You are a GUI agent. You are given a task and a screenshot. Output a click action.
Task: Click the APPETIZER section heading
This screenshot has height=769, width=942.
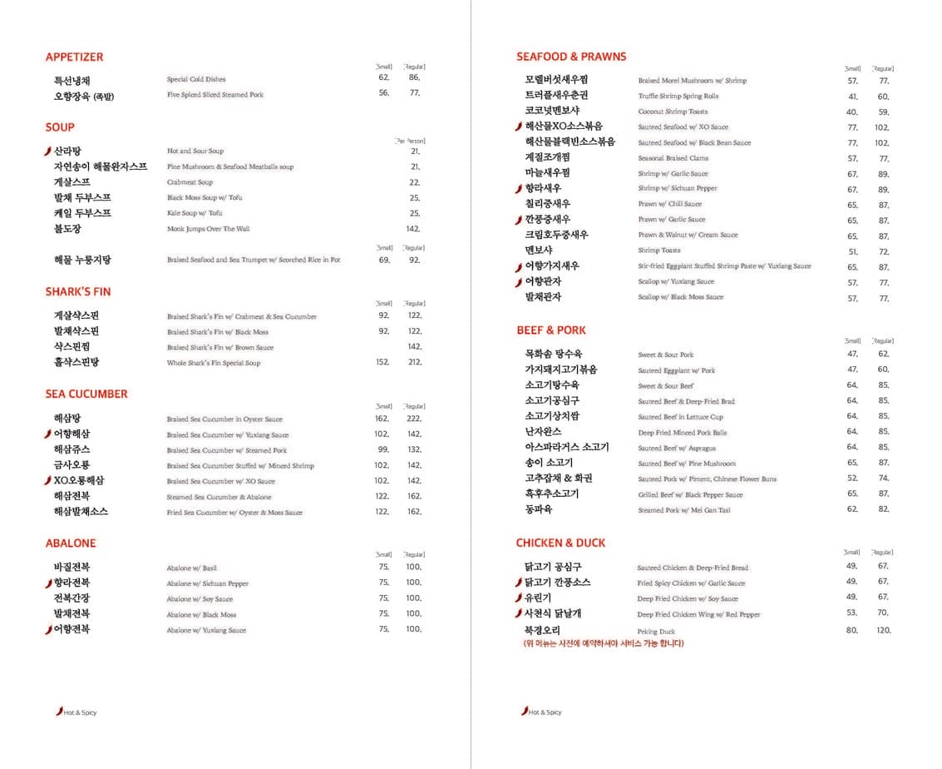pyautogui.click(x=74, y=57)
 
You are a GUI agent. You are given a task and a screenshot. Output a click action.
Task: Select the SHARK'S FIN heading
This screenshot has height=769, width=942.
pyautogui.click(x=77, y=291)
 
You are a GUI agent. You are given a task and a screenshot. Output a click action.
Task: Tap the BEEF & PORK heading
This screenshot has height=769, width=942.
pyautogui.click(x=550, y=330)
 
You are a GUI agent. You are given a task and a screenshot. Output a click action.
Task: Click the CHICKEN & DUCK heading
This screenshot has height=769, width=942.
pyautogui.click(x=560, y=543)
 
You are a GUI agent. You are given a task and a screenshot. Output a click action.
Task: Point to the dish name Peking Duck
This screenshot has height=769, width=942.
pyautogui.click(x=656, y=632)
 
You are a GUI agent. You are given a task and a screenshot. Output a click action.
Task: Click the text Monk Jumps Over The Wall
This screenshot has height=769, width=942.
pyautogui.click(x=208, y=229)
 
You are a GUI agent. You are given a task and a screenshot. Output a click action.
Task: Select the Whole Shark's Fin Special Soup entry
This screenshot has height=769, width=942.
pyautogui.click(x=213, y=363)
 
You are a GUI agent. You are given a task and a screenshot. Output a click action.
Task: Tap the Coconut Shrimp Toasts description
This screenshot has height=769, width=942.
pyautogui.click(x=673, y=112)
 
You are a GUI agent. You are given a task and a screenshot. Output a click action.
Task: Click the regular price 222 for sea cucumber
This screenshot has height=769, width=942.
pyautogui.click(x=414, y=419)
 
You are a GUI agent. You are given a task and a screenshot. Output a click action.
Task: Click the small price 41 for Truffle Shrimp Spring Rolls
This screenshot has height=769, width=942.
pyautogui.click(x=852, y=97)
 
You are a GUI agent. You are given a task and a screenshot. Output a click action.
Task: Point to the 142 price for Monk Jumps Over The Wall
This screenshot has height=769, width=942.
pyautogui.click(x=413, y=229)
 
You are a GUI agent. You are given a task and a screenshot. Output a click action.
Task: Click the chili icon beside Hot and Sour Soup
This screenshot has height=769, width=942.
pyautogui.click(x=48, y=151)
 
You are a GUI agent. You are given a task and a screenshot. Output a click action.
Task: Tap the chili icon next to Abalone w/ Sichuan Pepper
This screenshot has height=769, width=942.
pyautogui.click(x=49, y=583)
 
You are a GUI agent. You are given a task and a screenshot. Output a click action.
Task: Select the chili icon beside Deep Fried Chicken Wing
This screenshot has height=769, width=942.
pyautogui.click(x=519, y=614)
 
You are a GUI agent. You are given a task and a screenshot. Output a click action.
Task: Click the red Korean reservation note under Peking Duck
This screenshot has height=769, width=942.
pyautogui.click(x=604, y=643)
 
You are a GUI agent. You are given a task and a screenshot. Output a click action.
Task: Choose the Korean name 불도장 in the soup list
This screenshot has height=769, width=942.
pyautogui.click(x=67, y=229)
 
